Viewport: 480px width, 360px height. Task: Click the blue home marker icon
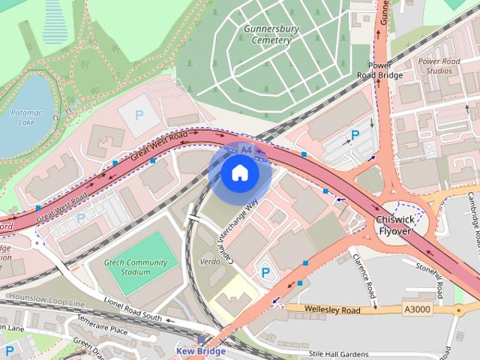pyautogui.click(x=239, y=173)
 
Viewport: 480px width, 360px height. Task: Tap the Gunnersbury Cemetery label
pyautogui.click(x=267, y=34)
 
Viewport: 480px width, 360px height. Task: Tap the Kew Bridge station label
pyautogui.click(x=200, y=350)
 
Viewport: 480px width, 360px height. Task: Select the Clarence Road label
pyautogui.click(x=363, y=273)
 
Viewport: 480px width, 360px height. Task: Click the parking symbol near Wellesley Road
pyautogui.click(x=264, y=272)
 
